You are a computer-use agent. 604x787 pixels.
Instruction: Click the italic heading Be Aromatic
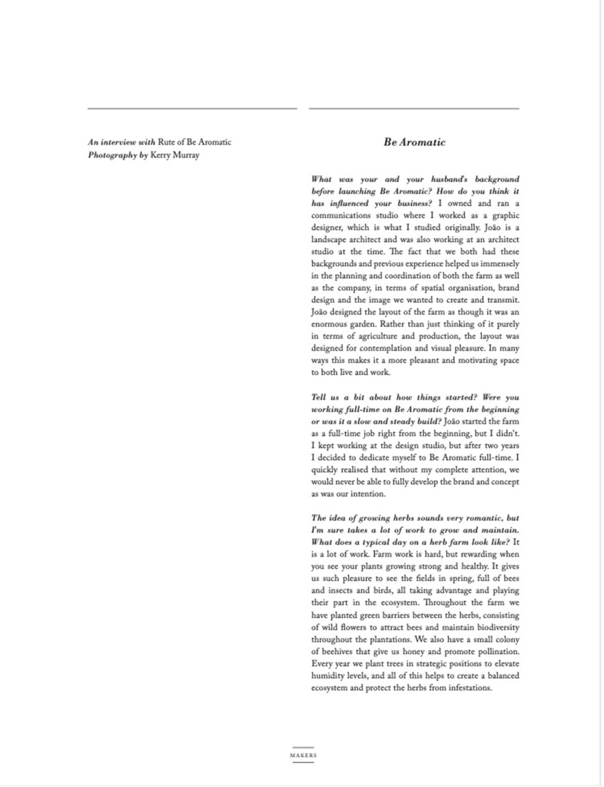click(414, 142)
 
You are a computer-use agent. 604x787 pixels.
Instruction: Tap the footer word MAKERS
click(303, 755)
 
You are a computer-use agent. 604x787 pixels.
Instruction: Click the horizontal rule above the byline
click(192, 109)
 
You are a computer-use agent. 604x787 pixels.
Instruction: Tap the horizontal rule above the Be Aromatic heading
click(414, 109)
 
